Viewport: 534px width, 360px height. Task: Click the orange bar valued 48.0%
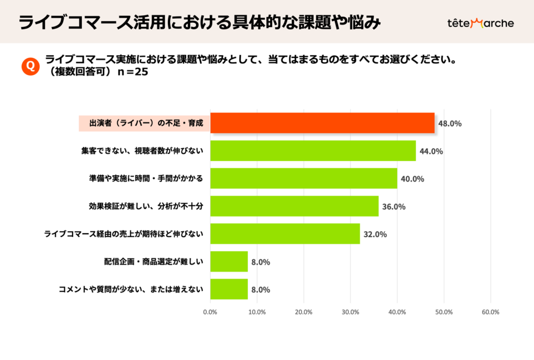tap(322, 123)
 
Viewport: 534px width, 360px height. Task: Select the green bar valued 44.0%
tap(313, 151)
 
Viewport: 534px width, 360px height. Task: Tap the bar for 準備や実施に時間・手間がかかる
tap(304, 178)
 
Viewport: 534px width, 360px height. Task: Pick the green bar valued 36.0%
tap(294, 206)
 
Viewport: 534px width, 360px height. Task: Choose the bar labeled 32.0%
tap(285, 234)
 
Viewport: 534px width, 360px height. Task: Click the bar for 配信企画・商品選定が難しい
tap(229, 261)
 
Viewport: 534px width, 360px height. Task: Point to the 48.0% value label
tap(450, 124)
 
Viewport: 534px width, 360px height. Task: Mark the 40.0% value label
tap(412, 179)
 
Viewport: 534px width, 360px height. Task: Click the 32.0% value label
tap(375, 234)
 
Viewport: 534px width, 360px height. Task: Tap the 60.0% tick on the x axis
tap(490, 313)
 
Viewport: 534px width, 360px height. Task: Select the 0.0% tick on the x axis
tap(210, 313)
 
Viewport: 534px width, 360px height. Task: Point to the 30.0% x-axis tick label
tap(350, 313)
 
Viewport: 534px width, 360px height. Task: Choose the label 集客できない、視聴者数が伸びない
tap(142, 151)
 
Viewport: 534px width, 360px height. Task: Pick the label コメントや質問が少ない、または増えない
tap(131, 289)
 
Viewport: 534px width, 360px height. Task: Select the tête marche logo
tap(480, 23)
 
